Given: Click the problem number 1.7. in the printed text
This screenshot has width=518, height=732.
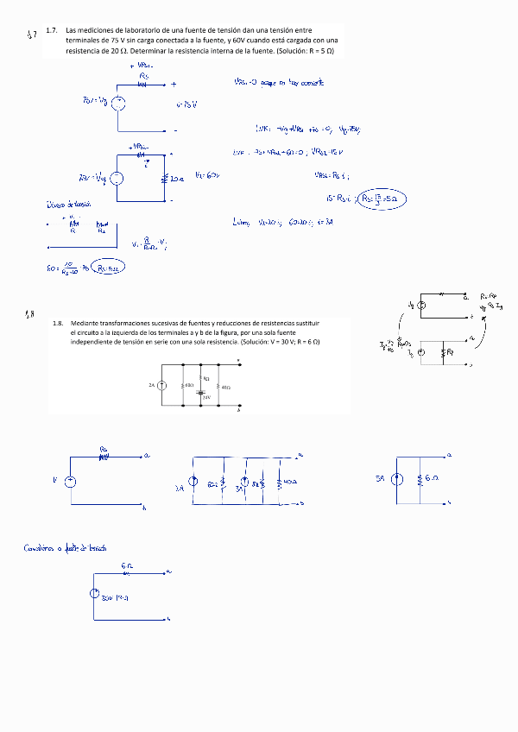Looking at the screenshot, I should tap(52, 30).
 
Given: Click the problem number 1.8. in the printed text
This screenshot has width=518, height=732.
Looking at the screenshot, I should tap(58, 323).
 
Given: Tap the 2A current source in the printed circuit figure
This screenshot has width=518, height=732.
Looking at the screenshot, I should tap(161, 385).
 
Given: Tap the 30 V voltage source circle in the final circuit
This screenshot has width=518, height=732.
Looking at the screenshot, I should tap(95, 594).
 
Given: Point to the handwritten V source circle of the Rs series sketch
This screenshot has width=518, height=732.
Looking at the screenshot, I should tap(71, 481).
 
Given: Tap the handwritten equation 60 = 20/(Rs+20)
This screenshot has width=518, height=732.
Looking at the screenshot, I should tap(64, 269).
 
